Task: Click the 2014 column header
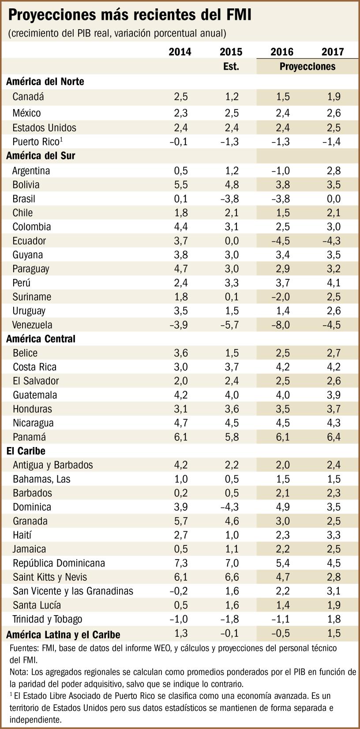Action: point(180,52)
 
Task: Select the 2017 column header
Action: point(333,52)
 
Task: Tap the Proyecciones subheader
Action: point(307,67)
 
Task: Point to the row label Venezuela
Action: point(32,325)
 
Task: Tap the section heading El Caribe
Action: point(26,451)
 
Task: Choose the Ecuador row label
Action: point(29,241)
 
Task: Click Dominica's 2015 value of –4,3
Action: point(229,507)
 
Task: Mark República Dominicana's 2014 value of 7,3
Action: point(180,563)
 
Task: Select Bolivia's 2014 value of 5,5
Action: point(180,185)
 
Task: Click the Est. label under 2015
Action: point(231,67)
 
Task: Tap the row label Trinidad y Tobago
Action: point(47,619)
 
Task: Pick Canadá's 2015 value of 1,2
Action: point(231,97)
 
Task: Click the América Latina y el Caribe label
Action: point(63,635)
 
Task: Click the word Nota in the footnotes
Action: point(17,672)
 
